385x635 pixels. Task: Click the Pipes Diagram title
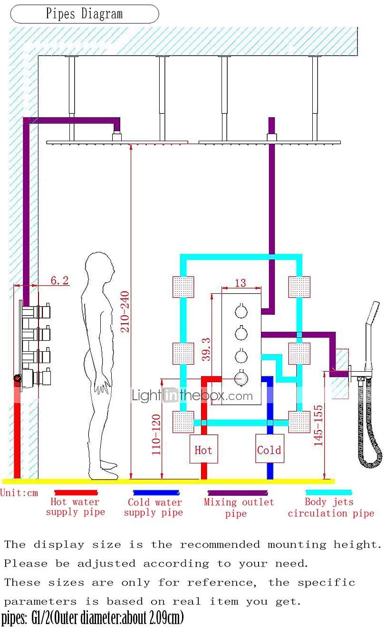click(84, 14)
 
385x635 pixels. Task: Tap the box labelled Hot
click(203, 449)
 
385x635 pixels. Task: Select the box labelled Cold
click(269, 449)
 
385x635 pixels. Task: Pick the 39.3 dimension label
click(205, 349)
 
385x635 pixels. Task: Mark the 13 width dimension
click(241, 282)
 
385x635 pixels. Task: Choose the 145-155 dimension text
click(318, 425)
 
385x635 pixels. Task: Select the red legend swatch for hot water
click(76, 493)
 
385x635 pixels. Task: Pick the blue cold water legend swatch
click(155, 493)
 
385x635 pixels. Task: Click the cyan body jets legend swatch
click(329, 493)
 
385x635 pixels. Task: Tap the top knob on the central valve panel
click(241, 312)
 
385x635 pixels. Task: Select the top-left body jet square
click(183, 287)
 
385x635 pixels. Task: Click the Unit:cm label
click(19, 493)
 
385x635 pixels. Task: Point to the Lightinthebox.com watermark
click(192, 395)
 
